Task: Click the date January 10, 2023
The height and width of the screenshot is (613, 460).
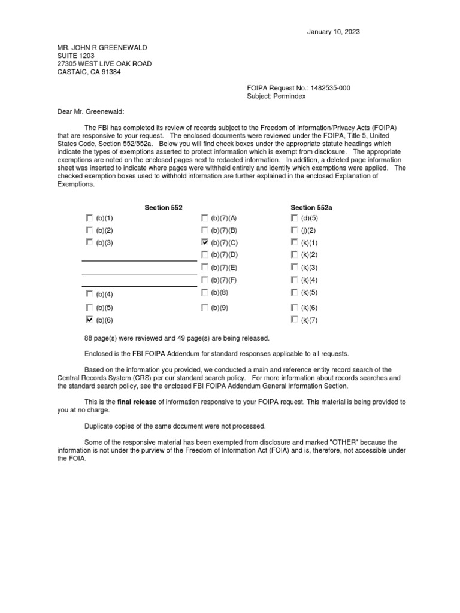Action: (334, 32)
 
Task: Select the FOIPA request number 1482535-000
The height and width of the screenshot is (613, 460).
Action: (328, 88)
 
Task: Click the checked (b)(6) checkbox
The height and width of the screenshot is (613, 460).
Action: (89, 320)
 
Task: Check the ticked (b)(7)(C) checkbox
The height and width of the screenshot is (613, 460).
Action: (205, 242)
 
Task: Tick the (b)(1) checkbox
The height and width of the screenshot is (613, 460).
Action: (89, 218)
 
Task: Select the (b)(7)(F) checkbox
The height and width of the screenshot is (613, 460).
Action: (205, 280)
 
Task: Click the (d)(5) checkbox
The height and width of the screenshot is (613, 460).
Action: (294, 218)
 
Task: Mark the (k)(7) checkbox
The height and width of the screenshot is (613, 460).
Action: (294, 320)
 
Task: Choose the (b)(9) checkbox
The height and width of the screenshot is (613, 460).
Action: (205, 308)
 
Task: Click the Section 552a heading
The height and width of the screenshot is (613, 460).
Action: (311, 207)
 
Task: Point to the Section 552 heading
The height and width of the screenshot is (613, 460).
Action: (164, 207)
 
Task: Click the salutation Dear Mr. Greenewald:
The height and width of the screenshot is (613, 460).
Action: (90, 111)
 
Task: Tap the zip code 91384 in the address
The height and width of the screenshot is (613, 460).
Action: (110, 72)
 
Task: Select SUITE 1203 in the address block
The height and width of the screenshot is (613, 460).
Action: (75, 56)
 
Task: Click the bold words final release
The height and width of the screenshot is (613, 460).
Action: (137, 402)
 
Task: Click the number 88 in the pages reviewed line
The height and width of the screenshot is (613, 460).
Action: (91, 338)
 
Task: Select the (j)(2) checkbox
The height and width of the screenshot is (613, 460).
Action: (294, 230)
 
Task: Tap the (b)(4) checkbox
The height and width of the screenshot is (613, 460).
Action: (89, 293)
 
